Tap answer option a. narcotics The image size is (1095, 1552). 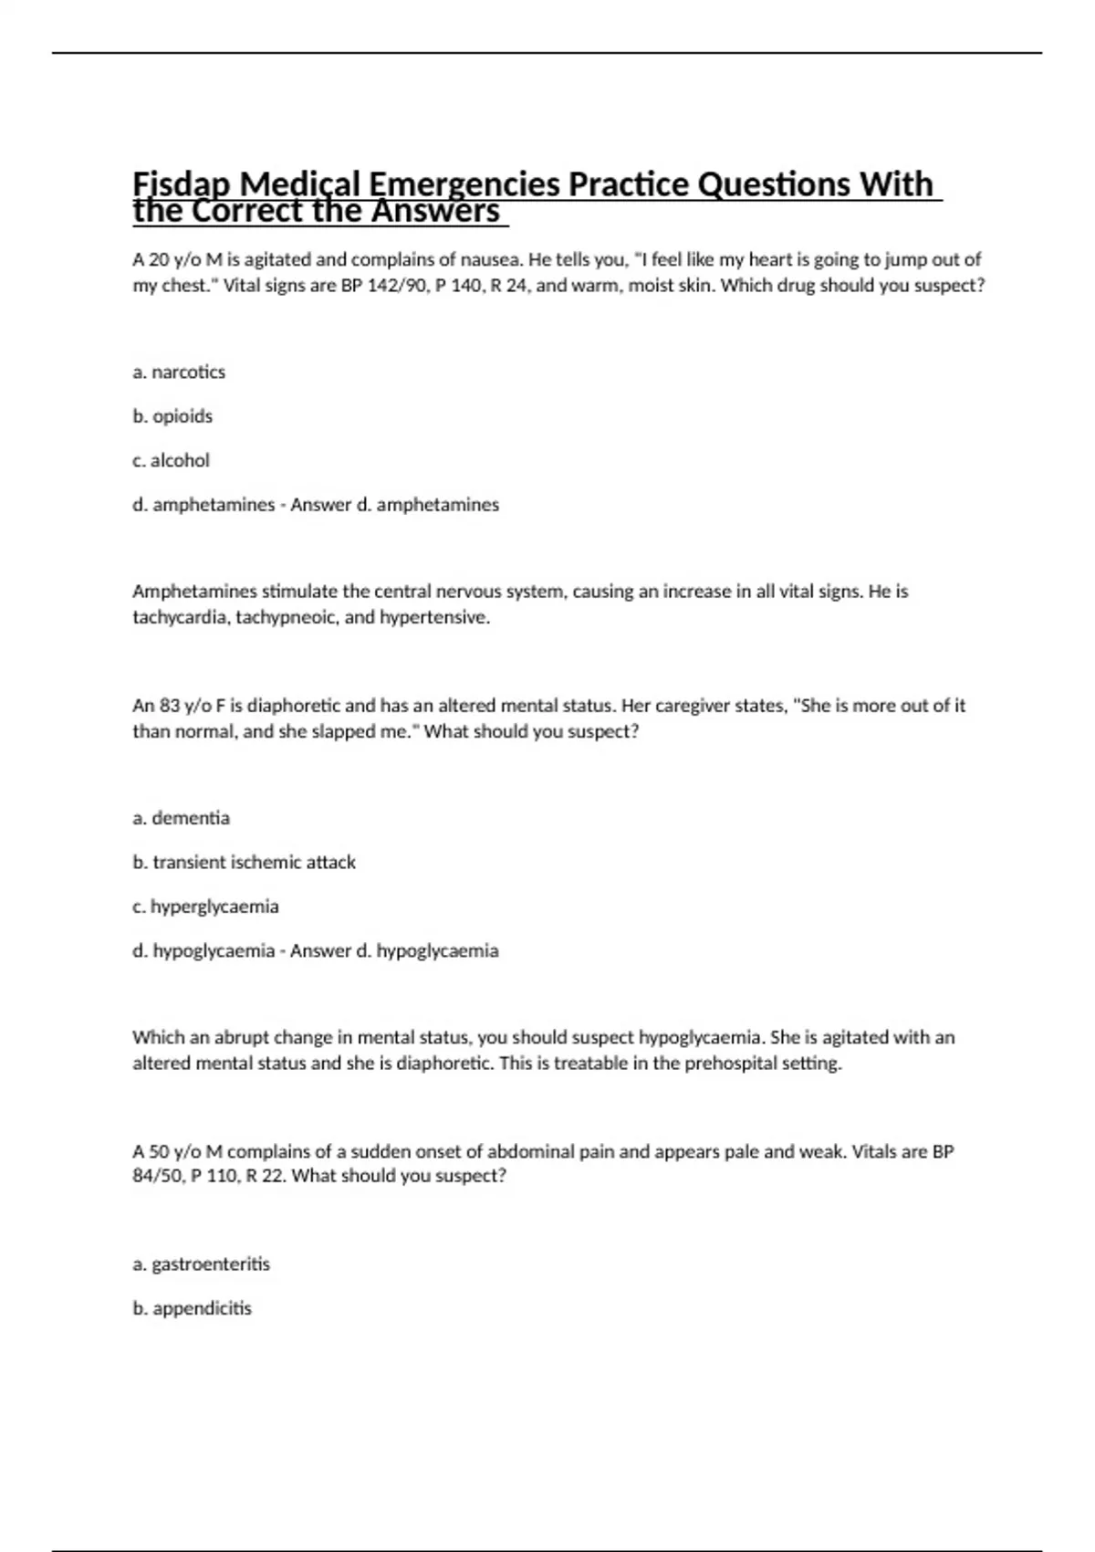179,372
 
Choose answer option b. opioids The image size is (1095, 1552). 172,416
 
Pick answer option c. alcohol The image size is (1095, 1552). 171,461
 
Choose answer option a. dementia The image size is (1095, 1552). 181,819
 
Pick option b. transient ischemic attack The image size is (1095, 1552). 244,863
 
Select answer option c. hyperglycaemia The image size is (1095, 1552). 205,907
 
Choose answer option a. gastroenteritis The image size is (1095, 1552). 201,1264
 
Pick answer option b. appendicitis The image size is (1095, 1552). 192,1309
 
